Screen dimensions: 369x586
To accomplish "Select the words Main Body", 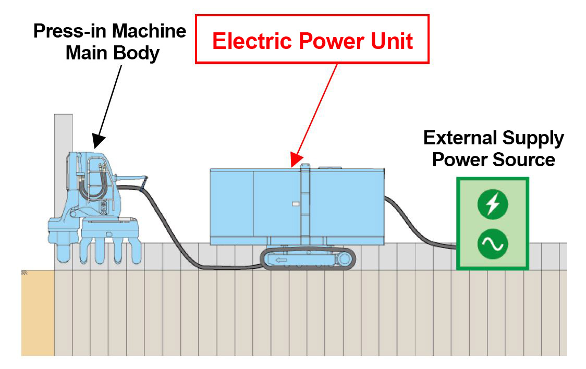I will click(x=112, y=53).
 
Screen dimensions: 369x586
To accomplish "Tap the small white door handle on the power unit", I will click(x=295, y=204).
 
